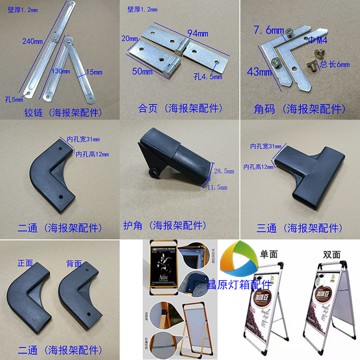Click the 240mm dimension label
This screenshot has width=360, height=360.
point(32,42)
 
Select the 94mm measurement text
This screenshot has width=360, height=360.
point(198,33)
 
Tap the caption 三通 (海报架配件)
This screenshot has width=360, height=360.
point(299,228)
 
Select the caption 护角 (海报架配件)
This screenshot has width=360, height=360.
point(165,225)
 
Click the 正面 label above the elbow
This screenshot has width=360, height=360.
point(25,263)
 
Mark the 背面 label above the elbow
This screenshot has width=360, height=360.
point(74,263)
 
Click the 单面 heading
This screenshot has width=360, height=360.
point(269,254)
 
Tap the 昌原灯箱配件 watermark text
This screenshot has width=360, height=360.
point(239,284)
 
